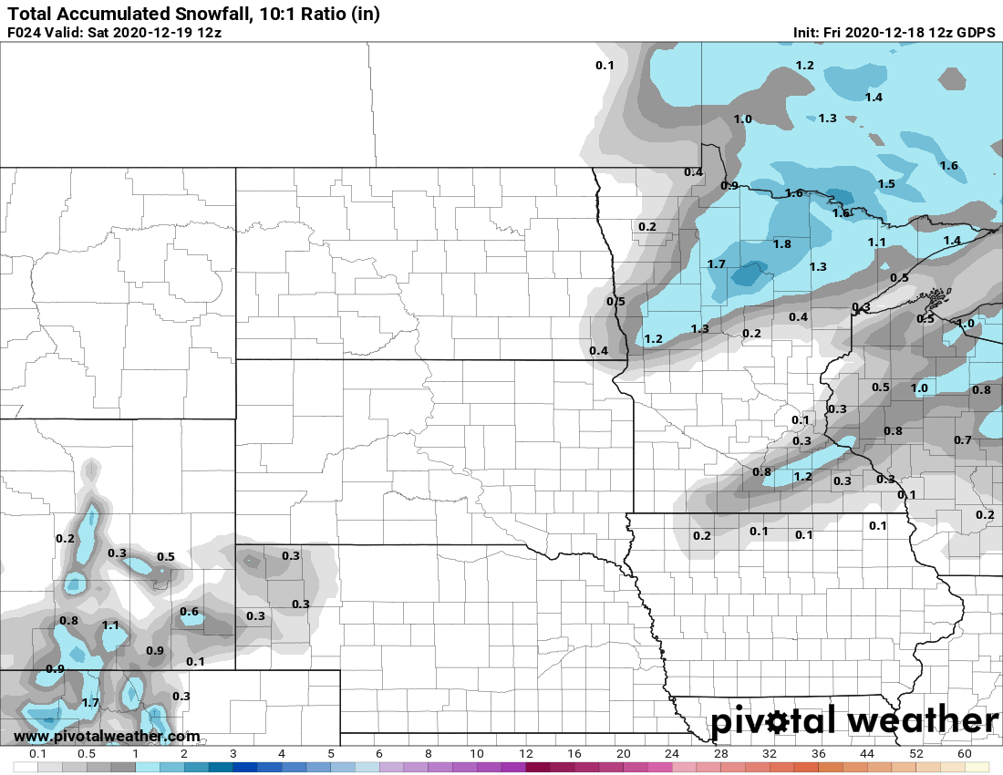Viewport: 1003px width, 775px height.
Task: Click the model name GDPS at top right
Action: [976, 33]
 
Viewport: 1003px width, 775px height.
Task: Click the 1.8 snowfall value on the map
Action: [781, 244]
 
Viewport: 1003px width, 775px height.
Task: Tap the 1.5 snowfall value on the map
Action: [885, 184]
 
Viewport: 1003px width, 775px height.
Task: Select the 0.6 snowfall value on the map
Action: [190, 612]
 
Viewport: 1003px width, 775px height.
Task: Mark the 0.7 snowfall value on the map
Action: [962, 440]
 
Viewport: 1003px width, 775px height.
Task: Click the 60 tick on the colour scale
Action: [964, 755]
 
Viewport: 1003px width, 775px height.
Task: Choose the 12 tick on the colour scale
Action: [526, 755]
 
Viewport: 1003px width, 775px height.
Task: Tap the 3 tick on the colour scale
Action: [233, 755]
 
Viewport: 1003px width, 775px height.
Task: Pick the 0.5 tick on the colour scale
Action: [87, 755]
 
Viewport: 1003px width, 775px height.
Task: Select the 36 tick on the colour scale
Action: [819, 755]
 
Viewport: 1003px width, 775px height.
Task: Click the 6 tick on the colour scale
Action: [379, 755]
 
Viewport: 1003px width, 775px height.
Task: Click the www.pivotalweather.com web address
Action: [107, 736]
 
